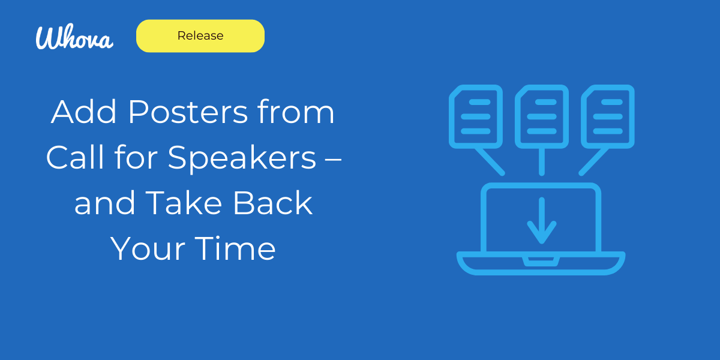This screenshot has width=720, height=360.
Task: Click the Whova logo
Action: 74,37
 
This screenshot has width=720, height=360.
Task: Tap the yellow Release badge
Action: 200,35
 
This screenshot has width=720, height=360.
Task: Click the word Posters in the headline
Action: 188,112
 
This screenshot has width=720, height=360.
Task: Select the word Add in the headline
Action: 83,112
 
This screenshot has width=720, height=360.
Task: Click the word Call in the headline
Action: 75,157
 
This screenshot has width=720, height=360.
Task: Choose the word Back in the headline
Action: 272,203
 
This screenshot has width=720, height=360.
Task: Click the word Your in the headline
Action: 148,249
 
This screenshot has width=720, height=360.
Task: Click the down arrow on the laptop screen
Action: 542,221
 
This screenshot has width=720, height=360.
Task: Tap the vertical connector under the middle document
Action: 542,161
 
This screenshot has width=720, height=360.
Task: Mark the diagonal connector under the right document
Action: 593,161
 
